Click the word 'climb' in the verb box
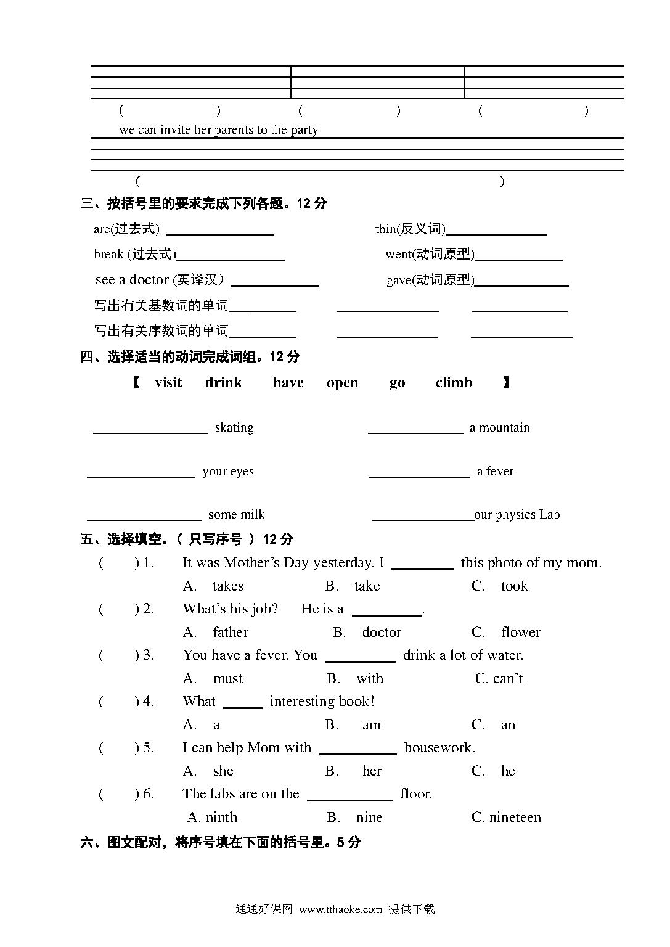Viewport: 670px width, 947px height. click(454, 383)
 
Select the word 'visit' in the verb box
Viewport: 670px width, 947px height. click(168, 383)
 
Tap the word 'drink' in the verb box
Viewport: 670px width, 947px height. click(223, 383)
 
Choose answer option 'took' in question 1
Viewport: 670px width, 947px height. click(514, 586)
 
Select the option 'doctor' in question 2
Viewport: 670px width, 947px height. click(382, 633)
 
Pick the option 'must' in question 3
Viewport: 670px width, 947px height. click(227, 679)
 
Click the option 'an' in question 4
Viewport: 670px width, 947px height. click(508, 725)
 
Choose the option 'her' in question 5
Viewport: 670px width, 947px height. click(372, 771)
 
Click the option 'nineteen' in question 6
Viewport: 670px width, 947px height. click(515, 818)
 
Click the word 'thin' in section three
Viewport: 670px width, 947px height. click(385, 229)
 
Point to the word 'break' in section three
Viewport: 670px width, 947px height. click(108, 255)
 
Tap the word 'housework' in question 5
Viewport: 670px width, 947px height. click(438, 748)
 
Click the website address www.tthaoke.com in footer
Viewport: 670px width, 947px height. click(341, 909)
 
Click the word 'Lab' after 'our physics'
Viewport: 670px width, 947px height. click(549, 515)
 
